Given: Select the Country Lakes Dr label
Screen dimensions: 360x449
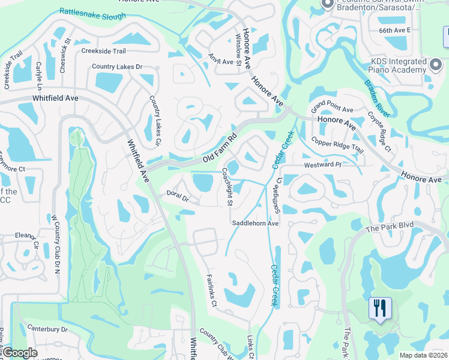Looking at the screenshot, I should [117, 67].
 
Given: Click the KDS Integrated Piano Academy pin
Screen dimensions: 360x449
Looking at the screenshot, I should [436, 63].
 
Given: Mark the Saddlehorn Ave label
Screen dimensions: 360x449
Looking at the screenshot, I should [256, 223].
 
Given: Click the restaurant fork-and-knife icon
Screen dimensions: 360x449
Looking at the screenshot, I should [379, 308].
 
